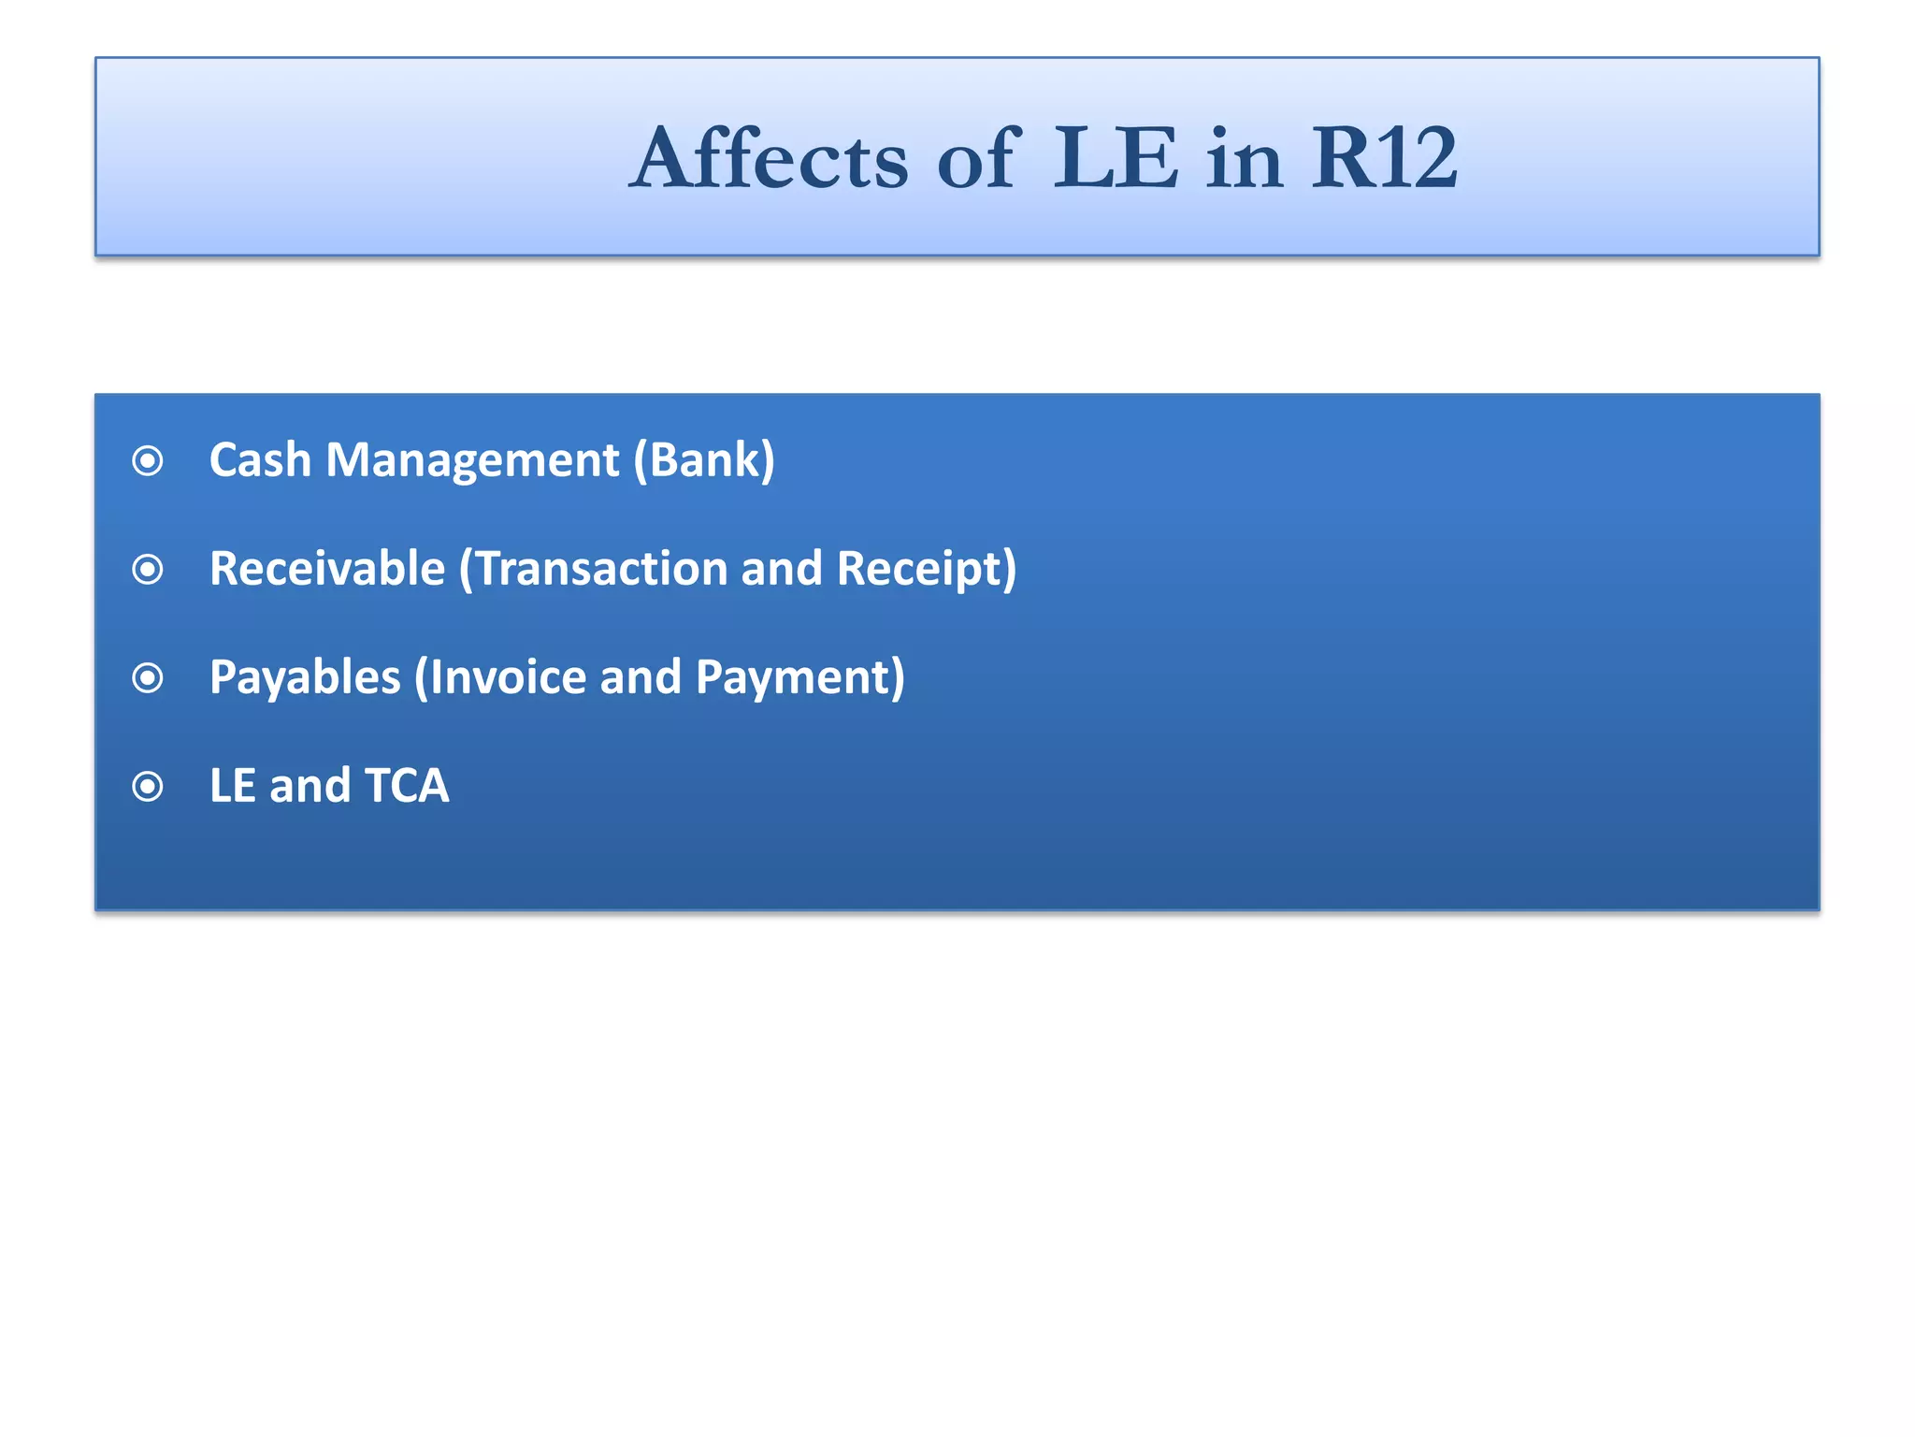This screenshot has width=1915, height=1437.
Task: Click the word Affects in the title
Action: click(x=769, y=159)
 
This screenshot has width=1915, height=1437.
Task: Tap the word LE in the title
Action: click(x=1116, y=159)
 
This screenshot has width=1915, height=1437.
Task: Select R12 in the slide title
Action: click(x=1384, y=159)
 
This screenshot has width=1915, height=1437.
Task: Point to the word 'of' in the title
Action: click(x=977, y=159)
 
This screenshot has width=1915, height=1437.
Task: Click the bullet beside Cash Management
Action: click(x=148, y=460)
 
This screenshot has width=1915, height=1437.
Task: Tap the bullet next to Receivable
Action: click(x=148, y=569)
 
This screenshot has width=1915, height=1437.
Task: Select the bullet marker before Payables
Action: click(x=148, y=677)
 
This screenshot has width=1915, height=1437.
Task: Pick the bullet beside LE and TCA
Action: click(x=148, y=786)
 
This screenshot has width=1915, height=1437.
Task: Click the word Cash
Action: click(x=260, y=460)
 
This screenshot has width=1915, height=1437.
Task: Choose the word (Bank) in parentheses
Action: click(x=704, y=460)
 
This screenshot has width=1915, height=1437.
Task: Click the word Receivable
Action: click(x=327, y=569)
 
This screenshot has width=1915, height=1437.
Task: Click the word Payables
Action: click(x=305, y=677)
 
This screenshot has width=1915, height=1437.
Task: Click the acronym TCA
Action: click(x=407, y=786)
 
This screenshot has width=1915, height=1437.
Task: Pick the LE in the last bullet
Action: click(x=232, y=786)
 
